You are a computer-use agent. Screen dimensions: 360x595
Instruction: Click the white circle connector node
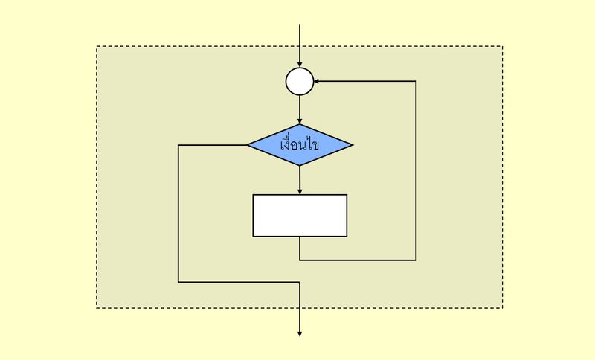click(x=300, y=82)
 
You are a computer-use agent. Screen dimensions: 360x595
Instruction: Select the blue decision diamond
click(x=300, y=144)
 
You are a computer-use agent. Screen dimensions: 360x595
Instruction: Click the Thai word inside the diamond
click(x=300, y=144)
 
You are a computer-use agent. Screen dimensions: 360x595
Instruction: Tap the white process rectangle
click(x=300, y=215)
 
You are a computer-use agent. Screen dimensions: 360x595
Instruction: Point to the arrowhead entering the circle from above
click(x=300, y=65)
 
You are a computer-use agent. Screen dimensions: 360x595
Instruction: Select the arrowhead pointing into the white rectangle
click(x=300, y=191)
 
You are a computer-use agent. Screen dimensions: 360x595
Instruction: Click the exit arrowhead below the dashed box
click(x=300, y=333)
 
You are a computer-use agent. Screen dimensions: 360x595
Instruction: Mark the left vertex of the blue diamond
click(x=248, y=144)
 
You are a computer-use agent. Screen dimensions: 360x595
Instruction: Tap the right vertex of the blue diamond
click(x=352, y=144)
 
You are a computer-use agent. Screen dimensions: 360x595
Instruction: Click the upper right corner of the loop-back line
click(x=416, y=82)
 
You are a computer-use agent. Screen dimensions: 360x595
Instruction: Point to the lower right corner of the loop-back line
click(x=416, y=260)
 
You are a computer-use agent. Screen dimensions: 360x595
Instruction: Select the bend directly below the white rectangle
click(x=300, y=260)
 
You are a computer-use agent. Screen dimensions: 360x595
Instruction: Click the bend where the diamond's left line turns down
click(x=178, y=144)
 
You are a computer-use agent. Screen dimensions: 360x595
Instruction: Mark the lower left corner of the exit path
click(x=178, y=282)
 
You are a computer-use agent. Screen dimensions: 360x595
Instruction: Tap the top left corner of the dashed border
click(x=97, y=47)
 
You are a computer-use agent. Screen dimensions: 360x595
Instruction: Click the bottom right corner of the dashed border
click(x=503, y=307)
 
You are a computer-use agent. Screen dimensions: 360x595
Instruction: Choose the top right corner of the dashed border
click(x=503, y=47)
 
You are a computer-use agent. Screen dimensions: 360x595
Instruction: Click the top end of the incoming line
click(x=300, y=25)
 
